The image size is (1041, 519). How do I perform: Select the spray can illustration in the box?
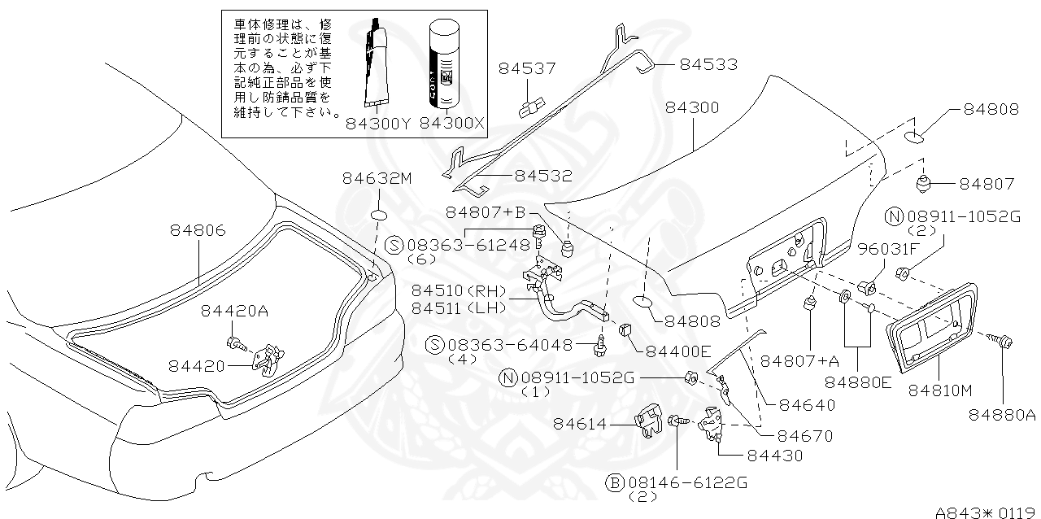click(446, 65)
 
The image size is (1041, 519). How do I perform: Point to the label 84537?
click(522, 68)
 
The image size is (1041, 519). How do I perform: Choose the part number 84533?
click(708, 63)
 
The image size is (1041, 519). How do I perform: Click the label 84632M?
click(377, 178)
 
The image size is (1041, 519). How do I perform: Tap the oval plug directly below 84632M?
click(380, 216)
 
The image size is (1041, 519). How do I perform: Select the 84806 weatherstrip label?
click(198, 230)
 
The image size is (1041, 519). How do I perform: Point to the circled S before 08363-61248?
click(394, 245)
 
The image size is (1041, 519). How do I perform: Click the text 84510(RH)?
click(458, 290)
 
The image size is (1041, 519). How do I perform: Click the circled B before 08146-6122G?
click(616, 483)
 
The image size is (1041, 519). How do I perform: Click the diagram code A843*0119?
click(987, 512)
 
